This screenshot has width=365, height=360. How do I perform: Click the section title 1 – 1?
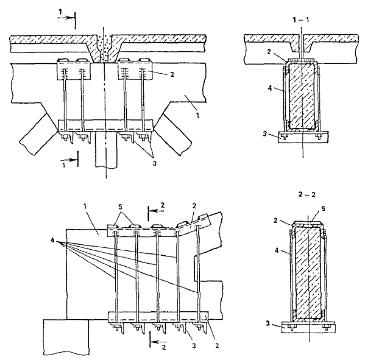point(301,20)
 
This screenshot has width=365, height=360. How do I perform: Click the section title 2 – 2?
point(307,194)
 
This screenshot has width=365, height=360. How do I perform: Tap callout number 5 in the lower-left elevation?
point(121,207)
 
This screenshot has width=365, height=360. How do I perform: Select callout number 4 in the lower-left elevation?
point(52,240)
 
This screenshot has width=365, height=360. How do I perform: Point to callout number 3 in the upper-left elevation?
point(154,163)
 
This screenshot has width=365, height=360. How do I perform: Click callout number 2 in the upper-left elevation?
point(172,75)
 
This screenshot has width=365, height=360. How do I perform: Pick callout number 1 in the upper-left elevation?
point(197,115)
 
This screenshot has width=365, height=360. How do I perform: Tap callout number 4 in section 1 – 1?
point(270,88)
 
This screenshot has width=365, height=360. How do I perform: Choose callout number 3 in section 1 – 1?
point(265,134)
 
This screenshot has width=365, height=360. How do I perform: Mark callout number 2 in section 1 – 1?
point(269,52)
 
